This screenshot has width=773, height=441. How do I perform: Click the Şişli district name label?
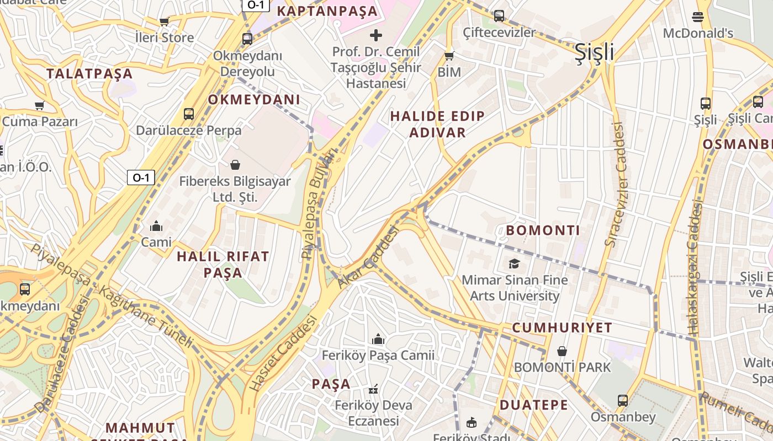pyautogui.click(x=594, y=52)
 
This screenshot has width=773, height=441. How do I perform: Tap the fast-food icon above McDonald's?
pyautogui.click(x=698, y=17)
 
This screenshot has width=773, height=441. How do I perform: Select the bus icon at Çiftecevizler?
pyautogui.click(x=499, y=16)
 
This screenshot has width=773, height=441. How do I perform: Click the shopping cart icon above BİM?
pyautogui.click(x=449, y=56)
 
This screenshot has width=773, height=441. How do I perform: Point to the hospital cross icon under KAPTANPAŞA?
pyautogui.click(x=376, y=36)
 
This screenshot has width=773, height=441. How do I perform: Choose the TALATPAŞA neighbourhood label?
pyautogui.click(x=89, y=74)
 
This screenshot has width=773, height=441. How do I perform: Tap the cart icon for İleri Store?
pyautogui.click(x=164, y=22)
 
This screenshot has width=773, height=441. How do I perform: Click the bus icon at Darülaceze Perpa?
pyautogui.click(x=189, y=114)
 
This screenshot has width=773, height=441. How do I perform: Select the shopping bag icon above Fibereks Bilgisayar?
pyautogui.click(x=235, y=165)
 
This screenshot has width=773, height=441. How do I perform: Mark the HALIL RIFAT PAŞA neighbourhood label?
pyautogui.click(x=223, y=265)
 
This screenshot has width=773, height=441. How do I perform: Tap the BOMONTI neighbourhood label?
pyautogui.click(x=543, y=230)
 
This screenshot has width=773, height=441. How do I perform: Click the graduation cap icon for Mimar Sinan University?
pyautogui.click(x=515, y=263)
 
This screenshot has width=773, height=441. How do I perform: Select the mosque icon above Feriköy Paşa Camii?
pyautogui.click(x=378, y=338)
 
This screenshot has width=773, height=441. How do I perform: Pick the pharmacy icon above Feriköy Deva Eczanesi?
pyautogui.click(x=374, y=389)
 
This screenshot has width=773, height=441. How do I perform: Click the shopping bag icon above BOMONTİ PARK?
pyautogui.click(x=562, y=351)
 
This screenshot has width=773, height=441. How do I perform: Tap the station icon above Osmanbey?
pyautogui.click(x=623, y=401)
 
